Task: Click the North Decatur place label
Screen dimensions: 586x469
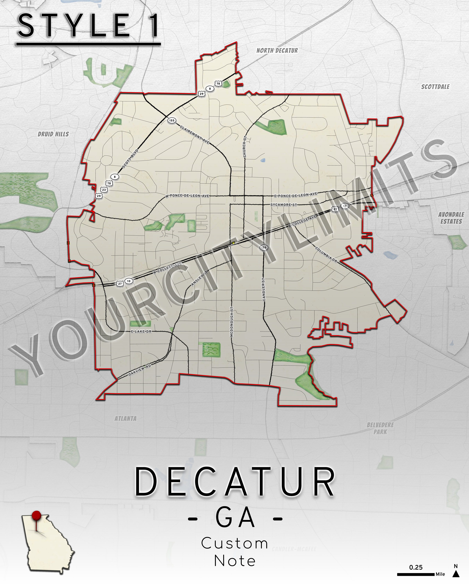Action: (277, 51)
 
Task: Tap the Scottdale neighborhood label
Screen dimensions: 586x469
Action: (435, 87)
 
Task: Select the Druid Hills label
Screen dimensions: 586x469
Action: (53, 134)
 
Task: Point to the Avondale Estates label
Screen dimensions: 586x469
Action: (451, 218)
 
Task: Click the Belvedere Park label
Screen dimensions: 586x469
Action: (380, 428)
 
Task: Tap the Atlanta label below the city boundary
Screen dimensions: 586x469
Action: (125, 419)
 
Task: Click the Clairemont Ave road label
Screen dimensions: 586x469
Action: (195, 135)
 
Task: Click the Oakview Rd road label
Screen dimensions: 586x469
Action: (140, 370)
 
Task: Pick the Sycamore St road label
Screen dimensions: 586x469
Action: (284, 205)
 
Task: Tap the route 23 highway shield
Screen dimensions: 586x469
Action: (104, 190)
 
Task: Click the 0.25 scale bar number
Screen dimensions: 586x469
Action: (416, 567)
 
